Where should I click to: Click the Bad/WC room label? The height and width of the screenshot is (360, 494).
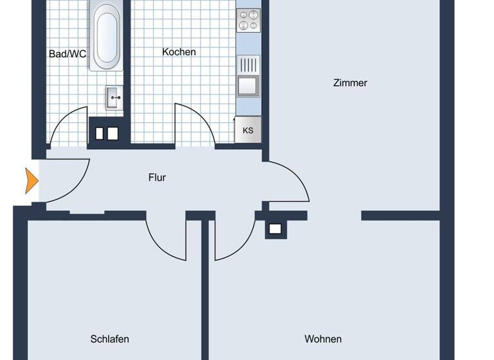point(68,54)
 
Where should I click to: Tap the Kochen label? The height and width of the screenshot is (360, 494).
point(179,51)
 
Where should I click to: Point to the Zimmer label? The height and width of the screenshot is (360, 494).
point(350,82)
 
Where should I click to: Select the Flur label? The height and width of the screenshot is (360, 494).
point(157,177)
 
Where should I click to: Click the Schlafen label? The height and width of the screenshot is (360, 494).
point(109,339)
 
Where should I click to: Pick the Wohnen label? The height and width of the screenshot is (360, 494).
point(323,339)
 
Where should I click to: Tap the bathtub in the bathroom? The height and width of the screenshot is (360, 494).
point(106,37)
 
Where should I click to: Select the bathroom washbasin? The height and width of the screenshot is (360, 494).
point(114,99)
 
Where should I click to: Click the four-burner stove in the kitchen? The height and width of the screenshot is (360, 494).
point(248,21)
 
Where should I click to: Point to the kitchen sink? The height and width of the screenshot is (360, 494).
point(248,85)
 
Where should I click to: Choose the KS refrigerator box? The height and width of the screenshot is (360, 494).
point(248,129)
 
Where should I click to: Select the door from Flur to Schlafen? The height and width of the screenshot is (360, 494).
point(166,239)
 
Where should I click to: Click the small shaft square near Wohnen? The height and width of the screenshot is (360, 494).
point(275,228)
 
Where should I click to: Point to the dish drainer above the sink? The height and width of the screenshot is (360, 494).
point(248,65)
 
